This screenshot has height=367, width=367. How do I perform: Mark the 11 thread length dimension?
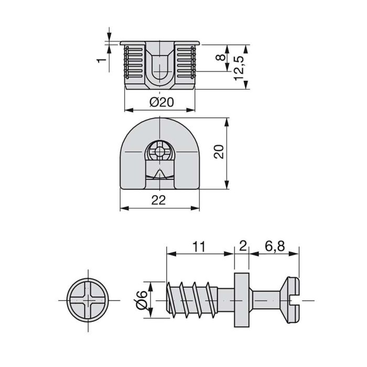click(x=199, y=245)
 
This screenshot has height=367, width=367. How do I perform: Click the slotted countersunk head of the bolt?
click(x=293, y=299)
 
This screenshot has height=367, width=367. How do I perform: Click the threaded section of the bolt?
click(x=191, y=300)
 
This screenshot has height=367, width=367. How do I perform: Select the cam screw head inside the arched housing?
click(x=159, y=152)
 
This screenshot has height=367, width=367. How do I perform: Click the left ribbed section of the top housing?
click(x=133, y=64)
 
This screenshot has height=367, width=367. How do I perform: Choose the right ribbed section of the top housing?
click(x=186, y=64)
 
